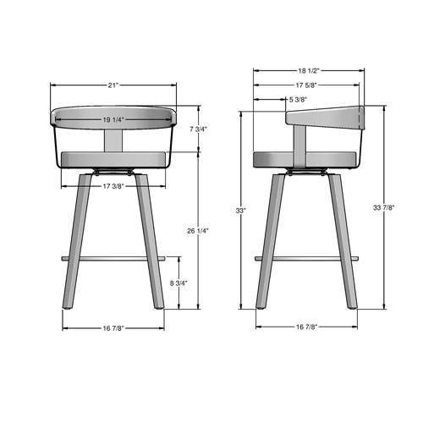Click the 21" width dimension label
[x=113, y=85]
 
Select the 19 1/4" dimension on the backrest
[x=114, y=119]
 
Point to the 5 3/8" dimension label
[x=298, y=100]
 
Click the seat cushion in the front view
[x=114, y=157]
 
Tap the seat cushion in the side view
[x=305, y=157]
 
